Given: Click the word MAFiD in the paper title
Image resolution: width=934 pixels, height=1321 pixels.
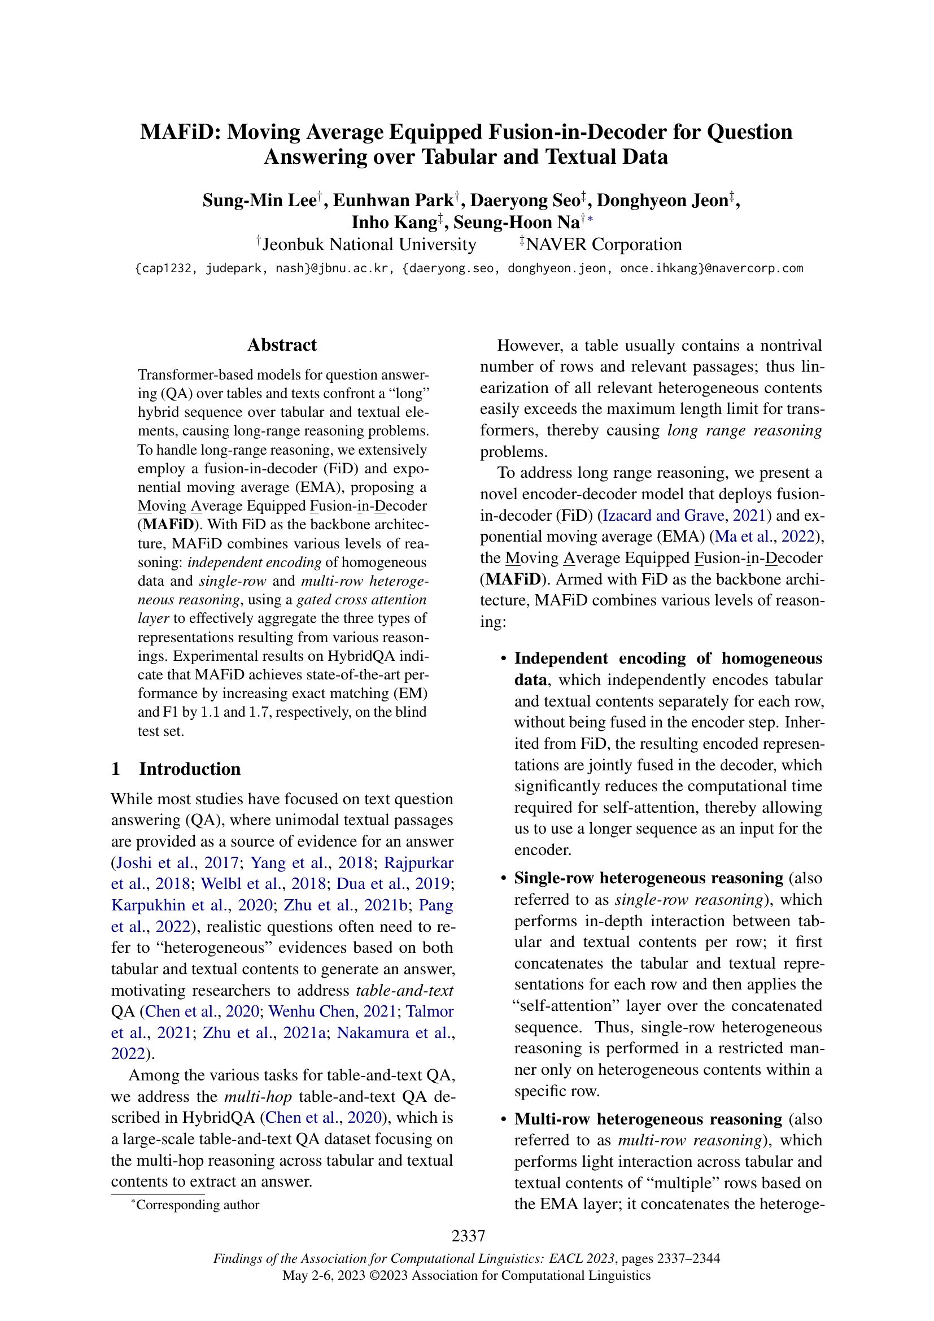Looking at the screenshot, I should tap(179, 132).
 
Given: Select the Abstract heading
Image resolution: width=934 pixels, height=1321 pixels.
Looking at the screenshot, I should tap(282, 345).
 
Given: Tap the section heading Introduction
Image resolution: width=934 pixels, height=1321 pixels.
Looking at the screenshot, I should tap(189, 769).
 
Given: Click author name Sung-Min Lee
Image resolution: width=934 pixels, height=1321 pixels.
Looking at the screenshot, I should tap(259, 200).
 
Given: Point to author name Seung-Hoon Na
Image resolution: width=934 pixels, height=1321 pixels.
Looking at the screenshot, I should tap(517, 222).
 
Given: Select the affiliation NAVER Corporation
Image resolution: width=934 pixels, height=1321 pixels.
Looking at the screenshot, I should tap(603, 245).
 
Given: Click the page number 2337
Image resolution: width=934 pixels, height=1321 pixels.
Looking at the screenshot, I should tap(468, 1235).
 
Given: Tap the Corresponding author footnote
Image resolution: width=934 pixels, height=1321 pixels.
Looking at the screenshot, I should tap(197, 1204).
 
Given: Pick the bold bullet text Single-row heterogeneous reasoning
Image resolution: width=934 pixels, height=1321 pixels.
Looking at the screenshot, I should tap(648, 878).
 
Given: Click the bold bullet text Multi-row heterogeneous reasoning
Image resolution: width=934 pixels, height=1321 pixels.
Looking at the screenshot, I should tap(648, 1119).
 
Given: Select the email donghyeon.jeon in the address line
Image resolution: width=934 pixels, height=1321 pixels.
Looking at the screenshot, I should tap(556, 268).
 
